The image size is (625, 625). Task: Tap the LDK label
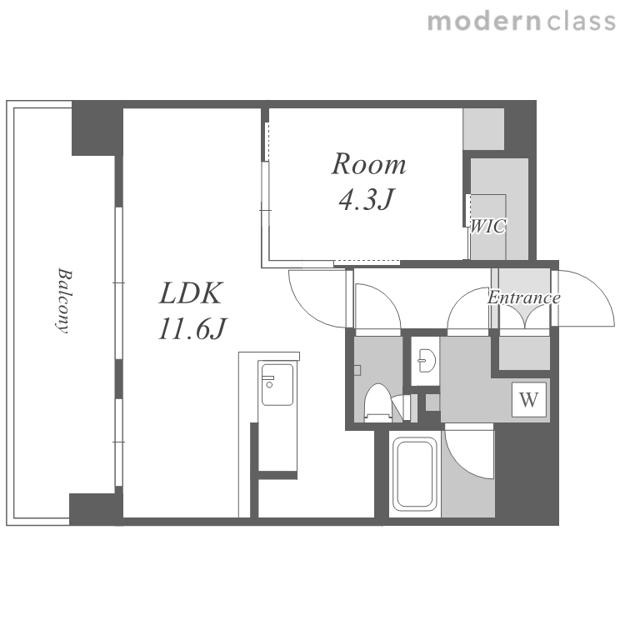(x=190, y=294)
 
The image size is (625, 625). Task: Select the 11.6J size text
(x=192, y=328)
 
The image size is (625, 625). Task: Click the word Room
(x=368, y=164)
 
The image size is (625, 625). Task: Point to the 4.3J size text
(x=367, y=198)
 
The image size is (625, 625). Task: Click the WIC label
(x=488, y=226)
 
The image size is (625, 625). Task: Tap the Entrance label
(x=524, y=297)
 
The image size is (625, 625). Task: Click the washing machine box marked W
(x=529, y=399)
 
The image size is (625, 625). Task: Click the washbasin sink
(x=426, y=361)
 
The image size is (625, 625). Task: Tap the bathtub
(x=414, y=474)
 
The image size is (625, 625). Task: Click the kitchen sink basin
(x=277, y=384)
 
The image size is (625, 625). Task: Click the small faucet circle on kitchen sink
(x=269, y=385)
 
